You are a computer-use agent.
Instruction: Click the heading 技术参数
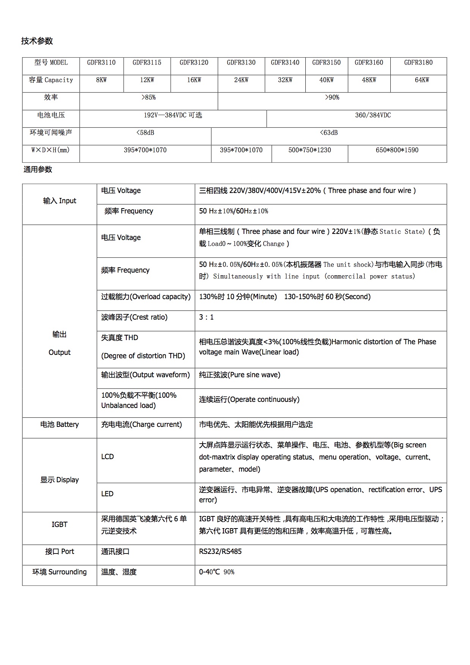[x=37, y=41]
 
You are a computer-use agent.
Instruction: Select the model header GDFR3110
[x=101, y=63]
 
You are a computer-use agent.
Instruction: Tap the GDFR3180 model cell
[x=418, y=63]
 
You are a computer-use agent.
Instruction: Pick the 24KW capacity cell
[x=241, y=80]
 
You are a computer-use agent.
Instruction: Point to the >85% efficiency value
[x=148, y=97]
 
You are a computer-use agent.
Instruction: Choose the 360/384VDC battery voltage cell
[x=373, y=115]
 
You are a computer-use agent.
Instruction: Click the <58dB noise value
[x=145, y=133]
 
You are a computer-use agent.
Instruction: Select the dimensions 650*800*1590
[x=397, y=150]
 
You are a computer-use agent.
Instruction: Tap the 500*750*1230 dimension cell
[x=310, y=150]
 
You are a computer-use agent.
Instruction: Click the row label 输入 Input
[x=60, y=201]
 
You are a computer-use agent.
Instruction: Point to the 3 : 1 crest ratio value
[x=206, y=317]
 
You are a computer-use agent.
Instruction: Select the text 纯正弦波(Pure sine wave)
[x=240, y=375]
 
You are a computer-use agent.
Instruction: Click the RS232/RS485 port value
[x=220, y=552]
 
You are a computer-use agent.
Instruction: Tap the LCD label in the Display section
[x=107, y=457]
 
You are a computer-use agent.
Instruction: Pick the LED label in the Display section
[x=107, y=494]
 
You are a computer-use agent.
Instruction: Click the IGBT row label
[x=60, y=525]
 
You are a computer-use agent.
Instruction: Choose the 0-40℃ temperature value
[x=209, y=572]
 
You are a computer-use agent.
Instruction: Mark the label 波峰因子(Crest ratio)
[x=134, y=317]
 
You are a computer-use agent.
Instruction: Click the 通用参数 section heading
[x=38, y=169]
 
